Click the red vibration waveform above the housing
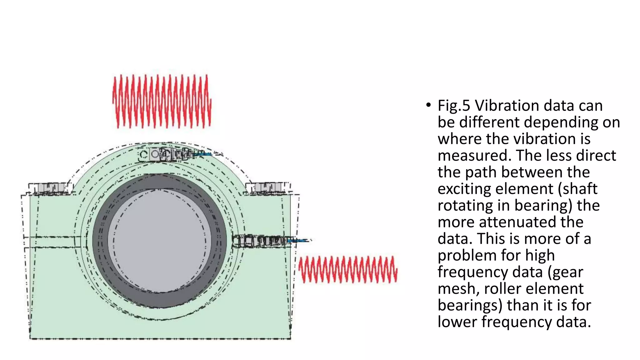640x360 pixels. pos(162,101)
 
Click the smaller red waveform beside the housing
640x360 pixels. pos(347,269)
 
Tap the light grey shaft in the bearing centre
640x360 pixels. pos(159,241)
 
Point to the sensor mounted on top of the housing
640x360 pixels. pos(166,154)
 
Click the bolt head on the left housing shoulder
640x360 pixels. pos(49,188)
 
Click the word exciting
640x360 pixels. pos(464,189)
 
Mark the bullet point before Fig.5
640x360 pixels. pos(428,105)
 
